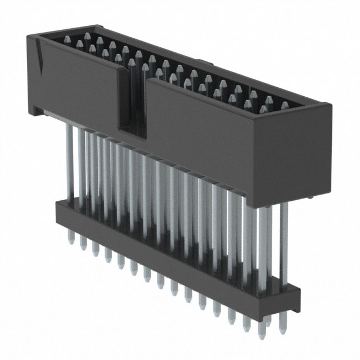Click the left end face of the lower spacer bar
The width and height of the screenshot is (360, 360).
point(57,211)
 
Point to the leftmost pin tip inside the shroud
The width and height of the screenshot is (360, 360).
point(67,39)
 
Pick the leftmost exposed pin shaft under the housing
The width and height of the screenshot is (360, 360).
point(70,163)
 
